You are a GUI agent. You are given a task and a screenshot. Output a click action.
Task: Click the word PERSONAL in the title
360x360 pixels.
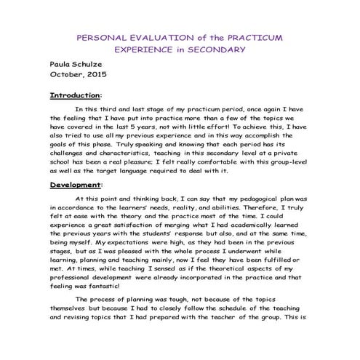pyautogui.click(x=103, y=36)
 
